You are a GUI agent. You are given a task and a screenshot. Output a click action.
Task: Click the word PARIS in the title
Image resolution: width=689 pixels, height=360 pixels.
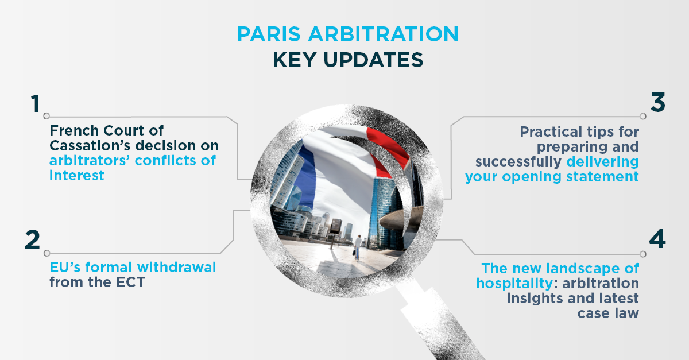pos(269,34)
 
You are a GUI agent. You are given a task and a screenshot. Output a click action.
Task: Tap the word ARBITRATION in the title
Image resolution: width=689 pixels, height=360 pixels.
pos(384,34)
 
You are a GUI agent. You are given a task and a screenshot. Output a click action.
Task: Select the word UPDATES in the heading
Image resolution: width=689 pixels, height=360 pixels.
pos(373,60)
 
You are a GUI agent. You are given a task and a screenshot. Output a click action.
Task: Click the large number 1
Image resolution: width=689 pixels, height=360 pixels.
pos(36,103)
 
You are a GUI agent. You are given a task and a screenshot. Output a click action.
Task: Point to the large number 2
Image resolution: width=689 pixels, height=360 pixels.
pos(32,240)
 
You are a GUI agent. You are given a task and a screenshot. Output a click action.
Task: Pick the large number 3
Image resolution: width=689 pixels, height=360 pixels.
pos(657,102)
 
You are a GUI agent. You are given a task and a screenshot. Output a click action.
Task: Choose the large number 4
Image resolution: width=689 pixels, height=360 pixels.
pos(657,239)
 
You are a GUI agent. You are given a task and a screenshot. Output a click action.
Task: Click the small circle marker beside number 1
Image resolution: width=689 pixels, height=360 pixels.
pos(47,116)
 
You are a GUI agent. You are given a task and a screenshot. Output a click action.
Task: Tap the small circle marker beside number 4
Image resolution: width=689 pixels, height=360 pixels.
pos(643,254)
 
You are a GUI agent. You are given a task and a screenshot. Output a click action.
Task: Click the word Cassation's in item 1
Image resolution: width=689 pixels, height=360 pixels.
pos(91,145)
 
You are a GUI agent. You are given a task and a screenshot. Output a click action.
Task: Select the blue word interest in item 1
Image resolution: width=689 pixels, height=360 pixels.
pos(76,175)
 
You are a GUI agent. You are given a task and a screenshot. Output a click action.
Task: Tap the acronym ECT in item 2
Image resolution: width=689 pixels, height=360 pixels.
pos(130,282)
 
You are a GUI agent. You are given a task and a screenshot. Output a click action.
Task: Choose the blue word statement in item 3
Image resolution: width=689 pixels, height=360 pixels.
pos(602,177)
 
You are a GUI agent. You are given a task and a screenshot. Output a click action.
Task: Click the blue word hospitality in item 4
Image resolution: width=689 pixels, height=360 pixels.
pos(514,284)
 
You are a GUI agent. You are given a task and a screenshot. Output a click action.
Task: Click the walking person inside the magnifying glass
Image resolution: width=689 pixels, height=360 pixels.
pos(357,247)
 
